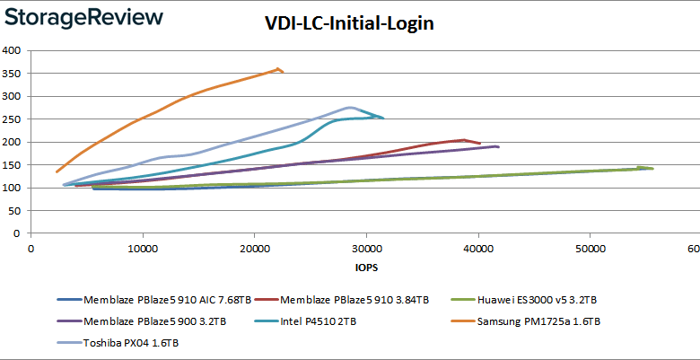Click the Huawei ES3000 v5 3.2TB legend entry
click(x=547, y=300)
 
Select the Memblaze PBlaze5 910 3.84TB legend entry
click(x=354, y=300)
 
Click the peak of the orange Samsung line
click(x=279, y=68)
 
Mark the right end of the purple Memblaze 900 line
click(x=498, y=146)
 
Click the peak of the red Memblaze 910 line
click(x=464, y=140)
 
